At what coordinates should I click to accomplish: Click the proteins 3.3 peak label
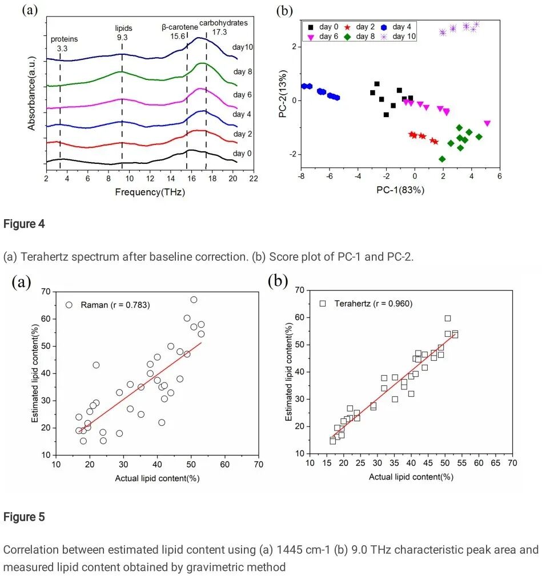point(64,43)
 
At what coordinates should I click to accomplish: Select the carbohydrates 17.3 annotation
point(223,27)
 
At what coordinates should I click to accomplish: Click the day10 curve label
point(242,47)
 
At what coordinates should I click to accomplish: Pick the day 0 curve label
point(242,153)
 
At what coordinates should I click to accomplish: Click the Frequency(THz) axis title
point(150,192)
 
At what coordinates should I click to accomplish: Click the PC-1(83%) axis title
point(400,189)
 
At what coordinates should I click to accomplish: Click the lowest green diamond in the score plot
point(442,159)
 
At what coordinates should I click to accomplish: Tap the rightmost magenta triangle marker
point(487,123)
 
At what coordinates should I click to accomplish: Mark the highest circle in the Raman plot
point(194,300)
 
